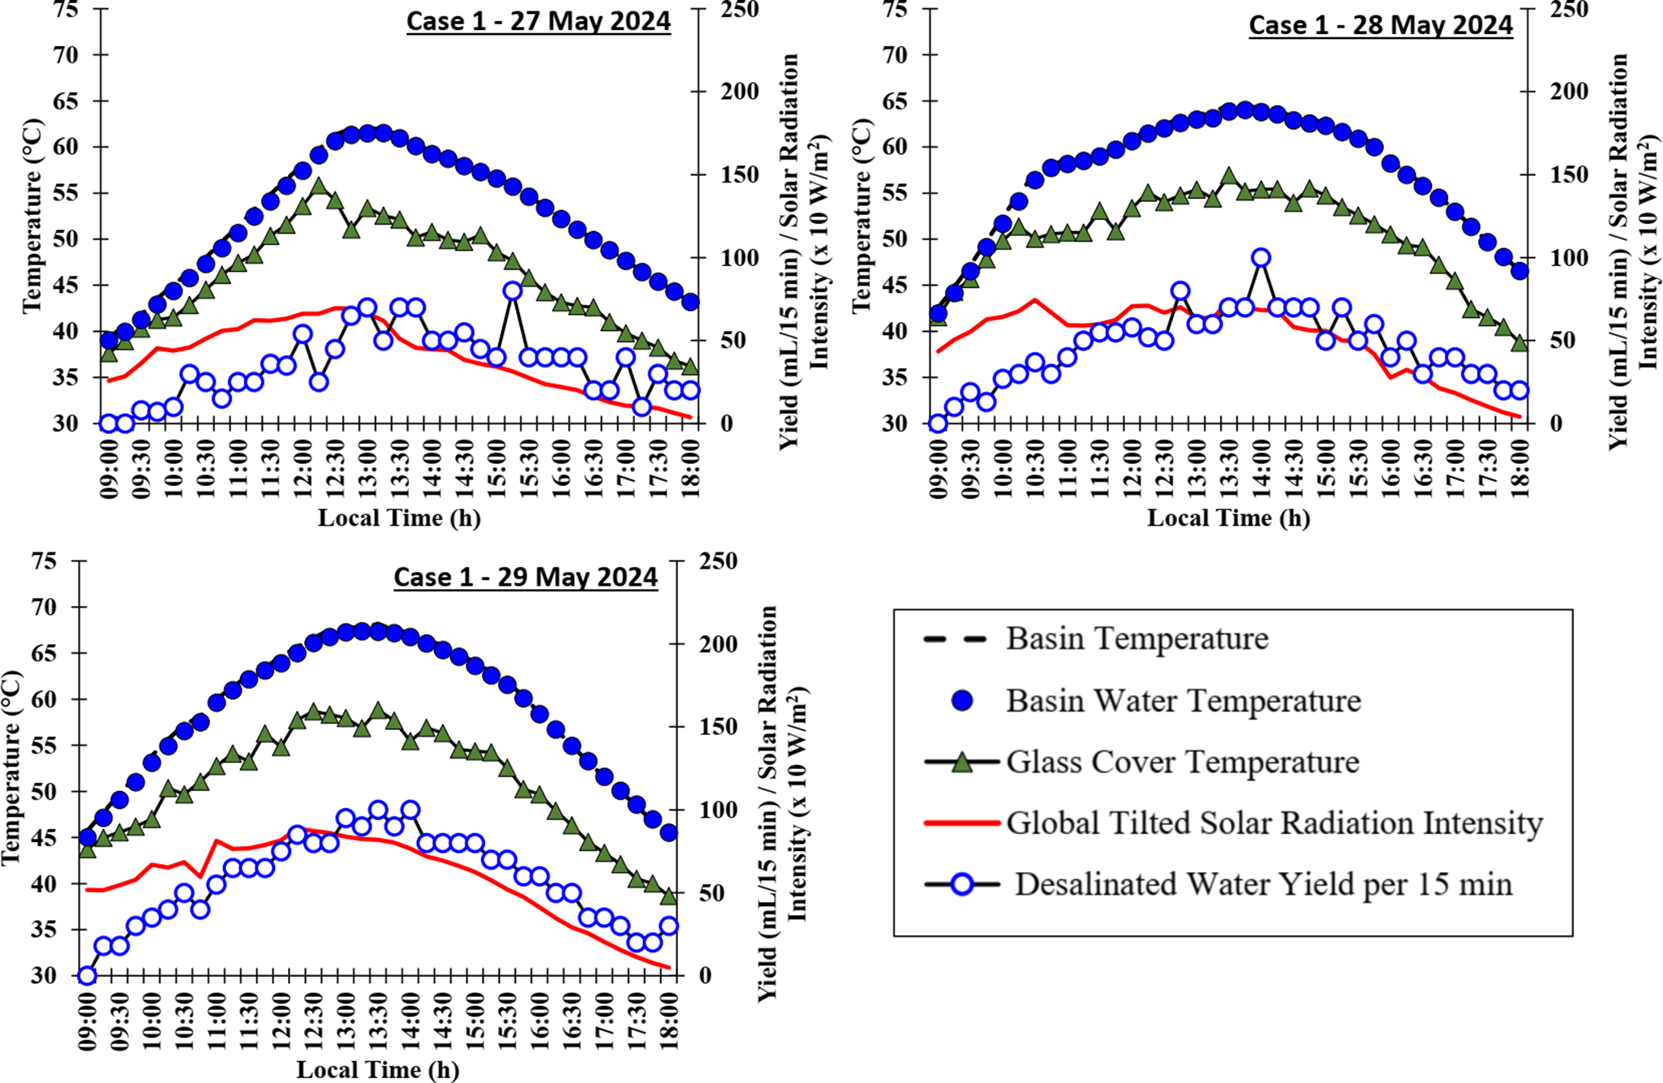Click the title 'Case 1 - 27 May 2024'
[538, 21]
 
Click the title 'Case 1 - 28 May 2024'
[1380, 25]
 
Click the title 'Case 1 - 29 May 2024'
[525, 577]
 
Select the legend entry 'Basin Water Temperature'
[1183, 701]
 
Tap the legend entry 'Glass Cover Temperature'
[1182, 763]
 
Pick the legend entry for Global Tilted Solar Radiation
[1274, 823]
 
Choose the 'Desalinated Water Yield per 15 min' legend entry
[1262, 884]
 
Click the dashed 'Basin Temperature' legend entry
[1137, 639]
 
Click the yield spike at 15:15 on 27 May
[512, 290]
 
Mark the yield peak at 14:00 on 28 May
[1261, 258]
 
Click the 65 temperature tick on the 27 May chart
[67, 101]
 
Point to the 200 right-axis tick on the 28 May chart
[1553, 91]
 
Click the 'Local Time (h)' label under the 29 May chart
[377, 1069]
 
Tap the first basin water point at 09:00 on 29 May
[88, 837]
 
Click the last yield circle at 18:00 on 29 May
[669, 926]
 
